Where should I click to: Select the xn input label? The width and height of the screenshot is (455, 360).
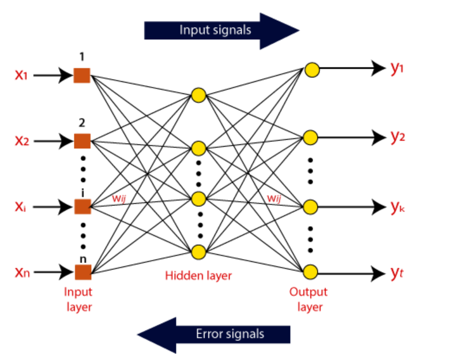coord(21,271)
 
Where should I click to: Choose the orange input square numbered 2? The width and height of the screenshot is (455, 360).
coord(82,140)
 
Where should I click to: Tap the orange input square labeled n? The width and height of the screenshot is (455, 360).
coord(82,271)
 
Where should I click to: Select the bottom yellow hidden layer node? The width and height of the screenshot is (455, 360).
coord(199,252)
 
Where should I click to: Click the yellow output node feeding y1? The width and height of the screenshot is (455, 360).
coord(312,70)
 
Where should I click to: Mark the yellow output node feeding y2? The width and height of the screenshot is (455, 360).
coord(311,137)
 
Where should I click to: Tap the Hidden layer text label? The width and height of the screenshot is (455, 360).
coord(198,276)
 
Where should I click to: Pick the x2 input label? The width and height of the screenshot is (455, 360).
coord(21,140)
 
